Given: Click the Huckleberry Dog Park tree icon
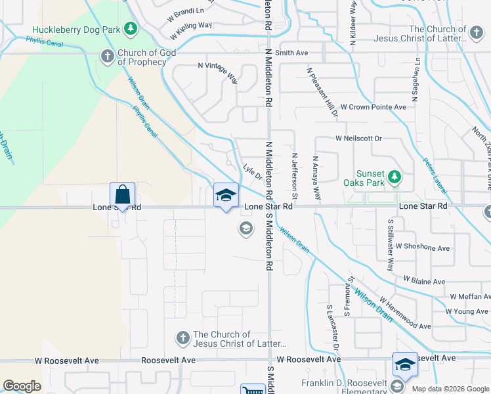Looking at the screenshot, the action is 131,28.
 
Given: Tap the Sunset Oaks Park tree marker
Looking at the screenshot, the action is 394,177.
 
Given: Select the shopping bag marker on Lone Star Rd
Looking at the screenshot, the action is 123,194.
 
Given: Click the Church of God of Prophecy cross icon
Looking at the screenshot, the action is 107,56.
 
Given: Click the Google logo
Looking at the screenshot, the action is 22,386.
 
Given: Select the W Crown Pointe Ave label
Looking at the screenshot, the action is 373,107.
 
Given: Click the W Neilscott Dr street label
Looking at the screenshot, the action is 358,139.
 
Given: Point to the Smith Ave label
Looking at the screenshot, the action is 291,52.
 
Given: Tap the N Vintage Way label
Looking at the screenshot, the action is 218,72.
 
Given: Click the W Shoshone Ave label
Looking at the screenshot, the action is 422,248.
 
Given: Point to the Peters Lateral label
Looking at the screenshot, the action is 434,176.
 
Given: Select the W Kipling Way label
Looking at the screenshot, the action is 191,29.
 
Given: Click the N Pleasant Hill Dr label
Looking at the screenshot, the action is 322,92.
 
